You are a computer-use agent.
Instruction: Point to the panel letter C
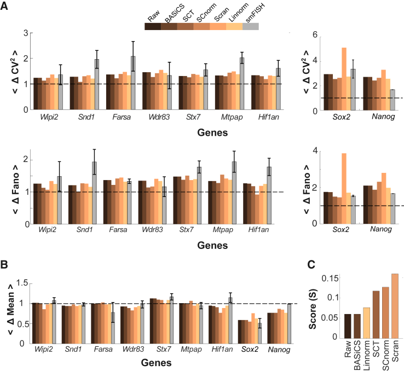(310, 265)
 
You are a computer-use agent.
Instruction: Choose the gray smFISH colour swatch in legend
(250, 26)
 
